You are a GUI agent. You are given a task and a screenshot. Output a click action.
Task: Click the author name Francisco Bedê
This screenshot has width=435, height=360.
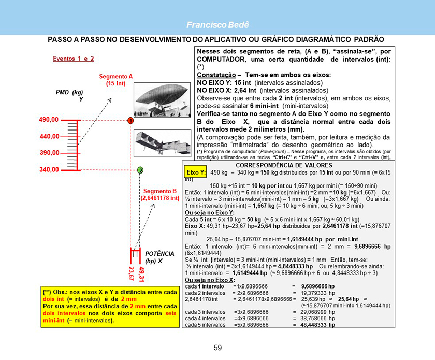pyautogui.click(x=218, y=25)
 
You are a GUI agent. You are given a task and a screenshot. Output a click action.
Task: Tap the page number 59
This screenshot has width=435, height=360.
pyautogui.click(x=218, y=348)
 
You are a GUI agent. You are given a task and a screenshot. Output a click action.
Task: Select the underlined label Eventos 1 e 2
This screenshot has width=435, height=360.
pyautogui.click(x=73, y=59)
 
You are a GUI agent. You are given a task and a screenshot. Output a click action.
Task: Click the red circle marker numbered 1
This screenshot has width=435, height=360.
pyautogui.click(x=130, y=120)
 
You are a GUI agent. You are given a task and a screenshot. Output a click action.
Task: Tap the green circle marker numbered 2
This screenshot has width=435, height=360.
pyautogui.click(x=140, y=170)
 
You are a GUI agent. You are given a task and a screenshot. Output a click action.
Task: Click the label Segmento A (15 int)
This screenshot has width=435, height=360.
pyautogui.click(x=116, y=79)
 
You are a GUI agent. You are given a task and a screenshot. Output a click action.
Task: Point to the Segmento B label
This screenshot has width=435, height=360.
pyautogui.click(x=160, y=194)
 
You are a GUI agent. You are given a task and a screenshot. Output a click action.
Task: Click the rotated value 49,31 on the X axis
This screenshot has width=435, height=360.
pyautogui.click(x=142, y=272)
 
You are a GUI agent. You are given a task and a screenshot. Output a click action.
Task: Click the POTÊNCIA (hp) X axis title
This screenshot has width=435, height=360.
pyautogui.click(x=160, y=257)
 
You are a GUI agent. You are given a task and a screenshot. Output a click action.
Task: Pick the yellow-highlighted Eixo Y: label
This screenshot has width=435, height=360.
pyautogui.click(x=197, y=172)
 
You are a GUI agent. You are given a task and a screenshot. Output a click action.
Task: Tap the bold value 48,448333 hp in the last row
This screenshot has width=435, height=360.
pyautogui.click(x=318, y=325)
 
